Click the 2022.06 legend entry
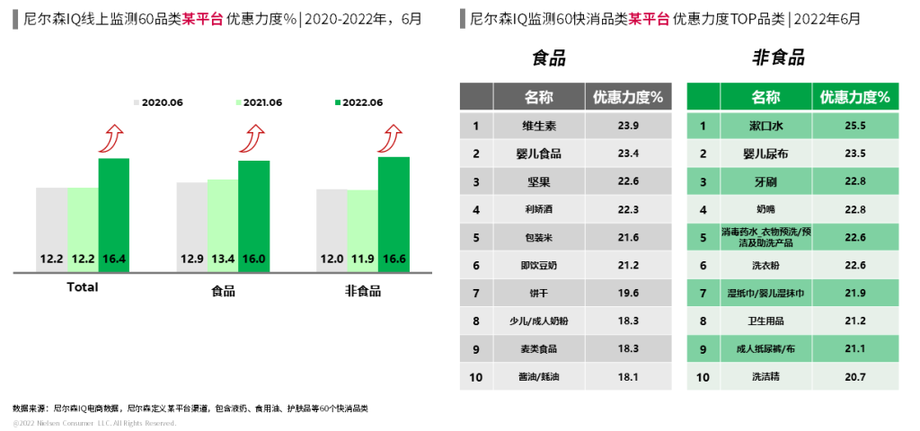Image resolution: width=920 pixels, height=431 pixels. [358, 102]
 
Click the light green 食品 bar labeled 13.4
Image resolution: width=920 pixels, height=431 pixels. [223, 224]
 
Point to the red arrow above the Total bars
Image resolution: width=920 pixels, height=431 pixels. [111, 138]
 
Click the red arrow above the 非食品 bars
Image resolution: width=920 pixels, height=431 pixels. [391, 138]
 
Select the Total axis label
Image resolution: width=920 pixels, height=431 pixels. [83, 287]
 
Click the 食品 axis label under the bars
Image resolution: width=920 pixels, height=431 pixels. [223, 290]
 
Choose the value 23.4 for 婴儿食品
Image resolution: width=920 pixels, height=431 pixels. [629, 154]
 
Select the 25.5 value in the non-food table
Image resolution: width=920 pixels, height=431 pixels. [855, 126]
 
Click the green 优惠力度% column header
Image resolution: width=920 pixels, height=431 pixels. [855, 97]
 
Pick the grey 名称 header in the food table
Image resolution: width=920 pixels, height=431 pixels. [539, 97]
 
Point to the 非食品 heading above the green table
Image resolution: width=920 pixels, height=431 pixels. [778, 59]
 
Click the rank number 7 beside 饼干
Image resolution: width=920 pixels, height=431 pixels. [476, 293]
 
